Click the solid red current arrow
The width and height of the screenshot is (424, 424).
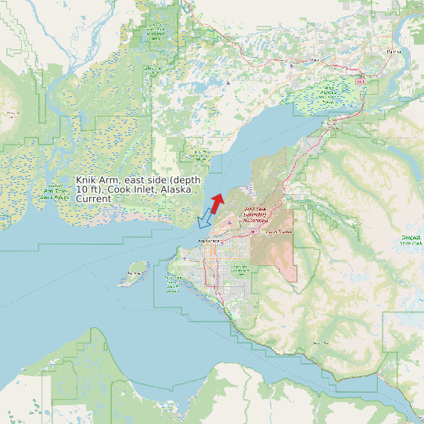[217, 202]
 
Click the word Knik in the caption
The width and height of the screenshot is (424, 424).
[87, 180]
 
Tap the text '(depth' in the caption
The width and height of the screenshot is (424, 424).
[185, 180]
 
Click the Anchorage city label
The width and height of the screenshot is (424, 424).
[210, 241]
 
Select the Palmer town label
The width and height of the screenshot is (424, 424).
[393, 52]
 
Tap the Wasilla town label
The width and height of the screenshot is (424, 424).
[316, 59]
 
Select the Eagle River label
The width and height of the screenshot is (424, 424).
[278, 232]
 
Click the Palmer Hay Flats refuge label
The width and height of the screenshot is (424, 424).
[329, 93]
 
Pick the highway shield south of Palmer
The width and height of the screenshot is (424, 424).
[361, 80]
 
